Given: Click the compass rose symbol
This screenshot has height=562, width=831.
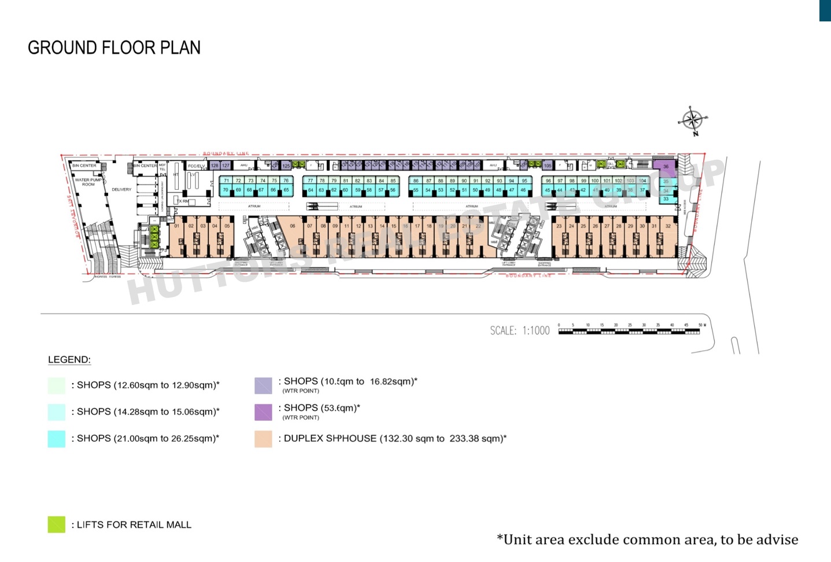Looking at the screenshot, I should (692, 120).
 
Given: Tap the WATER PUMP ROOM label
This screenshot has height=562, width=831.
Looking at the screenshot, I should (88, 182).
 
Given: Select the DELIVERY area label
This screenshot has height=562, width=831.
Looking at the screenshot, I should (121, 189).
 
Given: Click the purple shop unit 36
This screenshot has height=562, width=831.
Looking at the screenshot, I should (666, 166).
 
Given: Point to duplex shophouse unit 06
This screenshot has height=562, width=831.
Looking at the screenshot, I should (293, 226).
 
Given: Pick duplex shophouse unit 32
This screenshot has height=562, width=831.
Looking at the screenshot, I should (668, 226).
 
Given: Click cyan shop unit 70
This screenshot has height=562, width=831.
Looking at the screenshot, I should (226, 190).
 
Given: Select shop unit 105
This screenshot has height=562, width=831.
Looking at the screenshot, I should (547, 166).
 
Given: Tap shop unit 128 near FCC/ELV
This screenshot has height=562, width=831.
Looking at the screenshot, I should (215, 166).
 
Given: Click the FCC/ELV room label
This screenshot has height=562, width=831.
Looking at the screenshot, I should (196, 166).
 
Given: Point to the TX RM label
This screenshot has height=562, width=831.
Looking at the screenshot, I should (183, 201).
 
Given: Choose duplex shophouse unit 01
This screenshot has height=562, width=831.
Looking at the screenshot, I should (177, 226).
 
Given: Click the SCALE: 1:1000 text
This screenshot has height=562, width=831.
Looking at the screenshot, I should (519, 330).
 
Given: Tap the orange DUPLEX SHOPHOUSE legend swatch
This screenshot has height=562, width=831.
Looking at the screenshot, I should (263, 439).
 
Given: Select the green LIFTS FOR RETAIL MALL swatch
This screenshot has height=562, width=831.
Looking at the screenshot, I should (57, 524).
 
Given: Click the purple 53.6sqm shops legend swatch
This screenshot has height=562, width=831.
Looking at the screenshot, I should (263, 412).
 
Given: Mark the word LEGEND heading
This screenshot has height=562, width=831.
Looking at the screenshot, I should (69, 359).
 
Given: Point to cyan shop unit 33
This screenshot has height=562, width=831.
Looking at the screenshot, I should (666, 199).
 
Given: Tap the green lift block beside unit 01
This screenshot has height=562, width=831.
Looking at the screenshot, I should (154, 238).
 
